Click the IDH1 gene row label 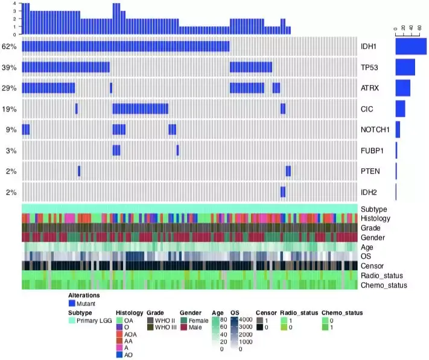pyautogui.click(x=369, y=46)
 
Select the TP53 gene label pyautogui.click(x=369, y=68)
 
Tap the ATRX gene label pyautogui.click(x=369, y=88)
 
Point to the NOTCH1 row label pyautogui.click(x=375, y=130)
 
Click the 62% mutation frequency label pyautogui.click(x=9, y=46)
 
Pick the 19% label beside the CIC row pyautogui.click(x=9, y=109)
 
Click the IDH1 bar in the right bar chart pyautogui.click(x=411, y=46)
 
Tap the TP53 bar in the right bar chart pyautogui.click(x=405, y=68)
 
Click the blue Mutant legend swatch pyautogui.click(x=72, y=304)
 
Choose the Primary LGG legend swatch pyautogui.click(x=72, y=321)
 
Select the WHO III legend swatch pyautogui.click(x=150, y=327)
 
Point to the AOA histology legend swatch pyautogui.click(x=119, y=334)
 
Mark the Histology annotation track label pyautogui.click(x=375, y=218)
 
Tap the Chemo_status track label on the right pyautogui.click(x=383, y=285)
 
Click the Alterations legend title pyautogui.click(x=84, y=295)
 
